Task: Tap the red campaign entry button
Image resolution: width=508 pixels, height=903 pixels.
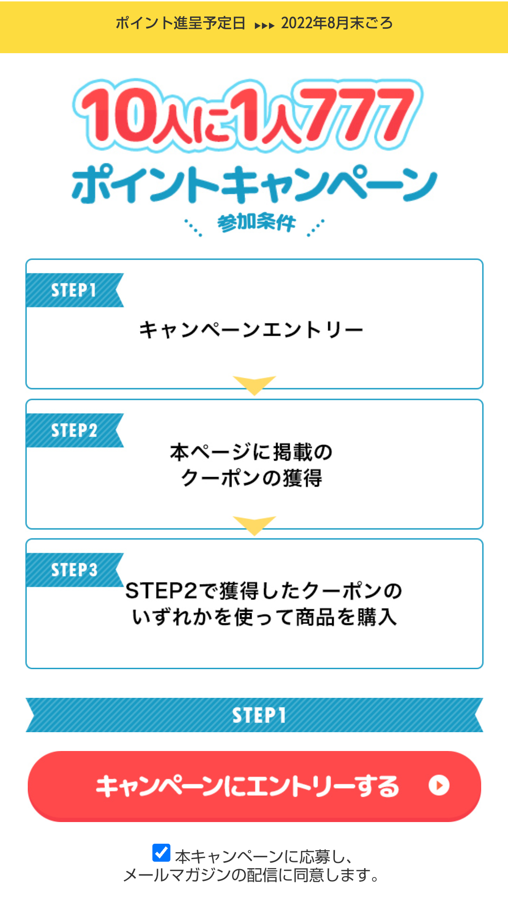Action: click(254, 786)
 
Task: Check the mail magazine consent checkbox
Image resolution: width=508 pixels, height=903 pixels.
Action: click(161, 853)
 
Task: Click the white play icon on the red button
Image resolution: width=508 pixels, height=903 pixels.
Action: click(439, 785)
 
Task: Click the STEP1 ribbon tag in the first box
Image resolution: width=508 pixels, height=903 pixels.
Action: click(74, 290)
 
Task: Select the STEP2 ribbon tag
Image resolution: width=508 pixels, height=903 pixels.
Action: click(74, 430)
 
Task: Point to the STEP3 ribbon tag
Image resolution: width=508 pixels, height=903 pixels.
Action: click(74, 570)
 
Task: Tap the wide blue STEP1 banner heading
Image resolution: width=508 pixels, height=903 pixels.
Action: click(254, 715)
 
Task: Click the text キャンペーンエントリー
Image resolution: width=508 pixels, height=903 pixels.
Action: click(251, 330)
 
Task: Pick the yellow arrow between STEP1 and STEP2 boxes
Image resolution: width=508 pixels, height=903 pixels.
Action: click(254, 384)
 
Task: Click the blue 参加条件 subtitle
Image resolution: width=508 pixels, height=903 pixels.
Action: click(256, 223)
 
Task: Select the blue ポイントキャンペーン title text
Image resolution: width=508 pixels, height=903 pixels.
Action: click(254, 184)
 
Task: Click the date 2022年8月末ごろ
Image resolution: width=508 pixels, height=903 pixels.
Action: click(337, 23)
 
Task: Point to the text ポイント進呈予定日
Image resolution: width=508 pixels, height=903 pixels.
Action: click(181, 23)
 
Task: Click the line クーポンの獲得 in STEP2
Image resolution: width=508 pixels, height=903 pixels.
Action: click(252, 478)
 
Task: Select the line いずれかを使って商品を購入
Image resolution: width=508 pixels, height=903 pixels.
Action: click(264, 617)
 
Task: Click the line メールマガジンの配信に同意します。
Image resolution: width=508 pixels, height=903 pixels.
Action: click(251, 875)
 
